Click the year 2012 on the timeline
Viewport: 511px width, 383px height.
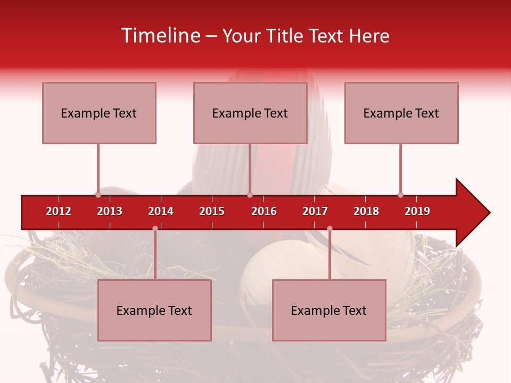pos(59,211)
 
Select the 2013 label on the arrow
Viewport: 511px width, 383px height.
pos(110,211)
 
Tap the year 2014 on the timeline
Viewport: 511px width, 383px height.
pos(161,211)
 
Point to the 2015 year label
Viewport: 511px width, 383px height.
pos(212,211)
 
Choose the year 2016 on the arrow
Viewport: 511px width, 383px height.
pos(264,211)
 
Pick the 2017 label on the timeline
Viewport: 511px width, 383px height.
pos(315,211)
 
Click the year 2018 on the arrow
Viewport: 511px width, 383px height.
pos(366,211)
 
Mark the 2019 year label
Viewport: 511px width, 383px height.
pos(417,211)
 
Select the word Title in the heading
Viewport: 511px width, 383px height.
pos(284,36)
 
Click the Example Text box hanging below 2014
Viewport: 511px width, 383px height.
pos(154,310)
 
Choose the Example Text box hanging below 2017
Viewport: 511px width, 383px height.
pos(329,310)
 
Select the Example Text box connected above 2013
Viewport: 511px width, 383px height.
pos(99,113)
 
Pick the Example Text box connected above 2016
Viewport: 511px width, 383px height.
pos(250,113)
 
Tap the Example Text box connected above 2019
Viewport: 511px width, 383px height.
pos(401,113)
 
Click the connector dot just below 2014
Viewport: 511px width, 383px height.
pos(155,229)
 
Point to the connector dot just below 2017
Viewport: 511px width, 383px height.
pos(329,229)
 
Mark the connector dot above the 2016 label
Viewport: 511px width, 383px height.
pos(250,195)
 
